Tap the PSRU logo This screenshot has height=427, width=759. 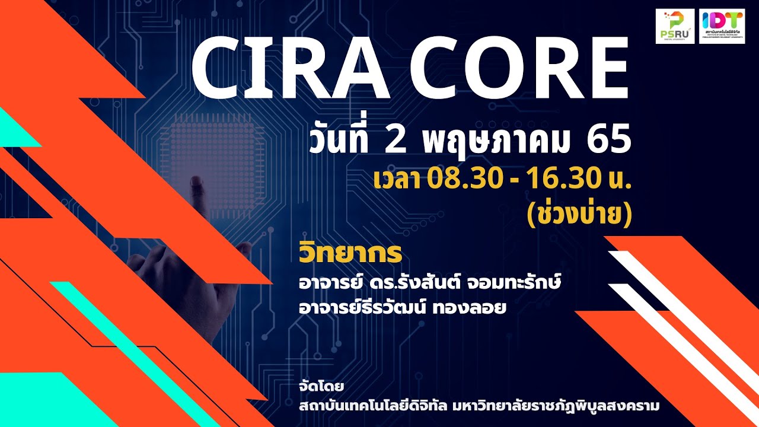(675, 26)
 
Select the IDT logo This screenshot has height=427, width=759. (722, 26)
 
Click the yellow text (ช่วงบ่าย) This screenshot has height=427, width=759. (579, 214)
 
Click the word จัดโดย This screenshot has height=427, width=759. (322, 387)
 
